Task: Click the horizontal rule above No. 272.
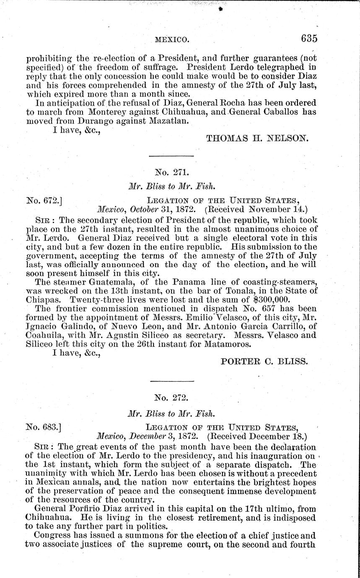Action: (x=172, y=380)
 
